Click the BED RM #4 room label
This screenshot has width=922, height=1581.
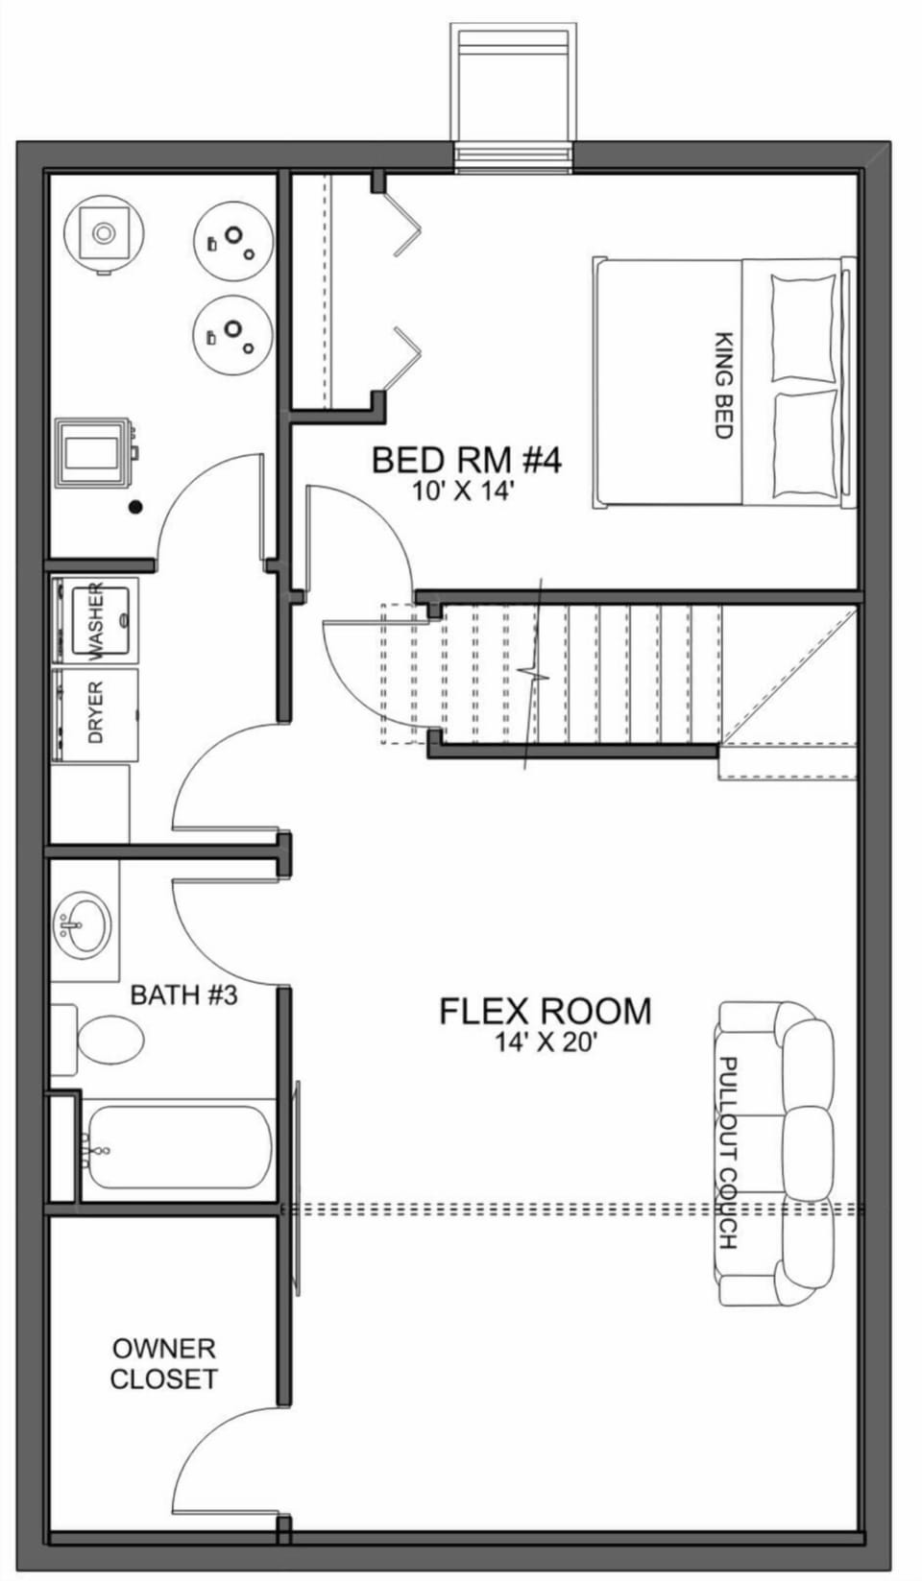(466, 460)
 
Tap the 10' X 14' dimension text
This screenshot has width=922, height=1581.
(465, 491)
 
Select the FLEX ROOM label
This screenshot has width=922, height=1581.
(545, 1011)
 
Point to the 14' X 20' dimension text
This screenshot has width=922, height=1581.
(546, 1042)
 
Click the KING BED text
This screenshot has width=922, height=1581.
(724, 385)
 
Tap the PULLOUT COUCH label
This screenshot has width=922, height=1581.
(728, 1153)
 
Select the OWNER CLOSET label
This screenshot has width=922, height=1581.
(163, 1364)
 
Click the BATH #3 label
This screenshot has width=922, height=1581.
(183, 994)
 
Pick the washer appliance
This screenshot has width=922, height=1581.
(95, 620)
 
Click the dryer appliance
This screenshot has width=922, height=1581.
(95, 714)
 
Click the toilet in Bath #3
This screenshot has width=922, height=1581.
(108, 1040)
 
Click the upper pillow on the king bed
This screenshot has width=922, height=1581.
(803, 328)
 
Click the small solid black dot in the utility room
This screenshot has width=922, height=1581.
(136, 506)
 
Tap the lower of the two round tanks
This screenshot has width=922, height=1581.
(232, 333)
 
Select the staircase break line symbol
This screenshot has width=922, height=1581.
(533, 674)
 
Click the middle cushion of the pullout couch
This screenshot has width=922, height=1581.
(807, 1152)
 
